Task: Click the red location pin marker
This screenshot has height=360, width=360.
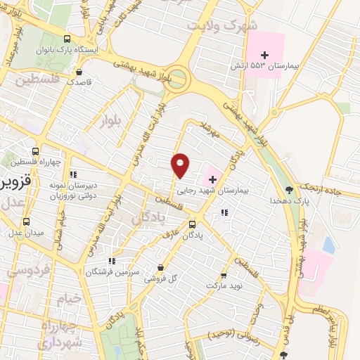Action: [181, 165]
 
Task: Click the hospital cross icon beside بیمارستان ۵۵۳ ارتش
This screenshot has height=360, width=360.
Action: [265, 54]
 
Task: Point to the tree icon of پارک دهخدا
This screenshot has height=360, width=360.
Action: [289, 189]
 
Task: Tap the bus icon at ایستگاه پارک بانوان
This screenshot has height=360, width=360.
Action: [66, 39]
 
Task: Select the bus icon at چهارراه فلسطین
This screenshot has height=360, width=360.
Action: [36, 151]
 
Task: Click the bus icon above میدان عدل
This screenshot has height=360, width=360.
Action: [26, 221]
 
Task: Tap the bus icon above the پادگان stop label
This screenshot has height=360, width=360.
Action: [192, 224]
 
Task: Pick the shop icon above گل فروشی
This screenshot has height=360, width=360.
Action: [162, 267]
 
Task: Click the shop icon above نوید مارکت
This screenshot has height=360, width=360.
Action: [224, 275]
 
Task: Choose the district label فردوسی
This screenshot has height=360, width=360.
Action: [28, 269]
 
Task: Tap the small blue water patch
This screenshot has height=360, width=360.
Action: [328, 245]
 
